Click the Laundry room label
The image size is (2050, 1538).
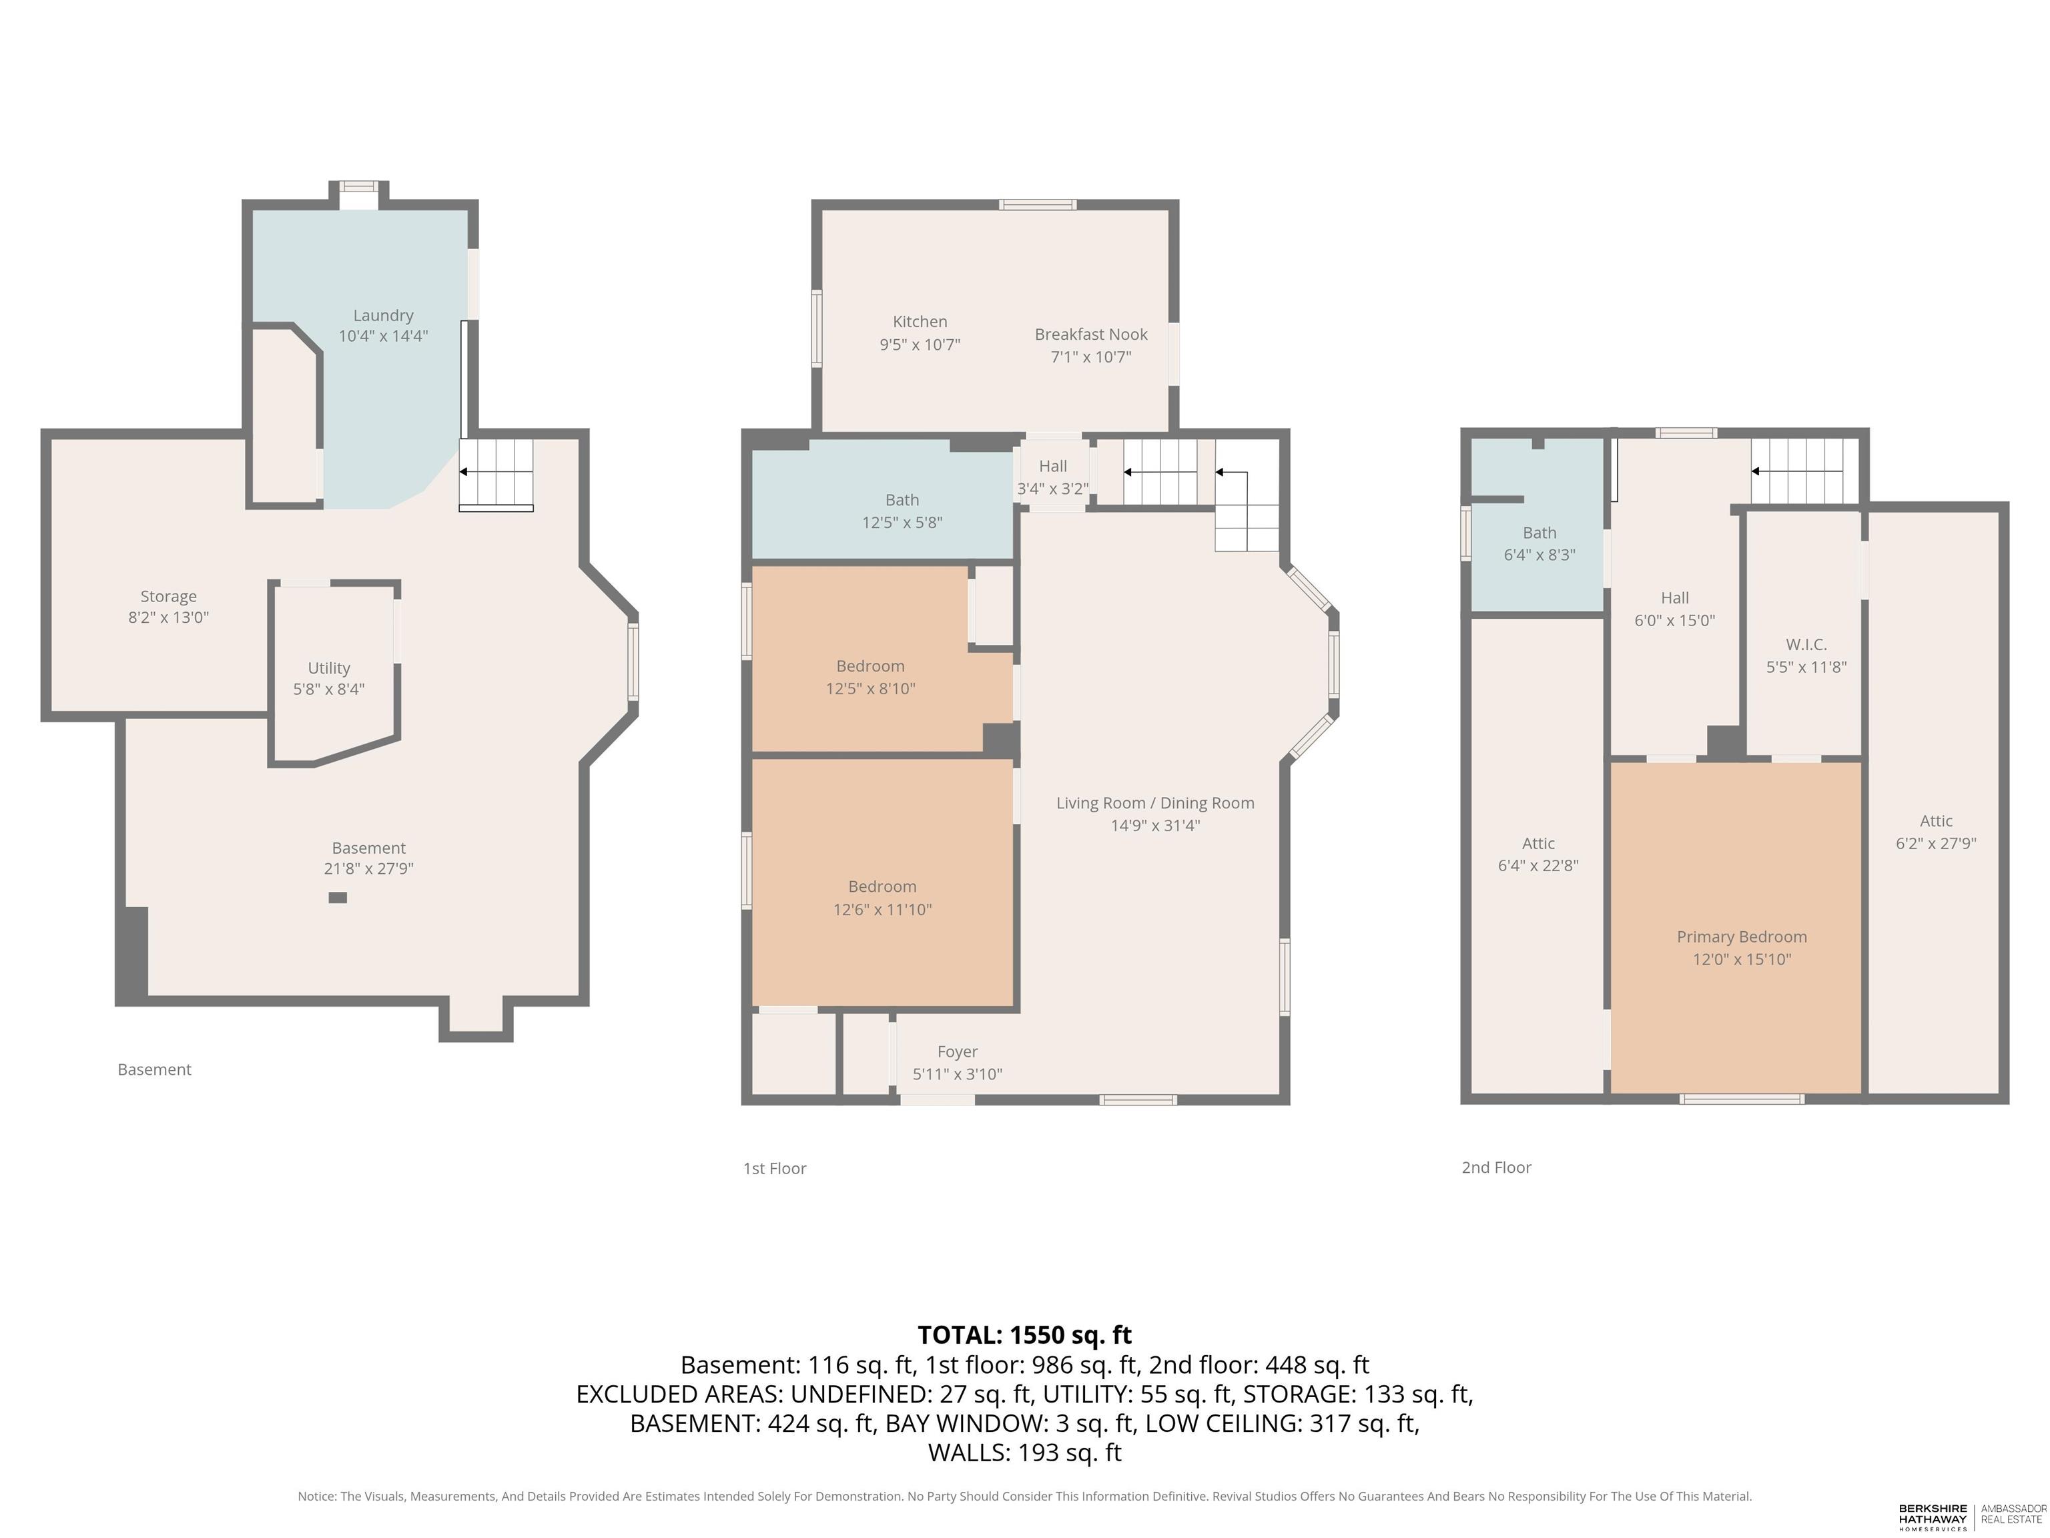click(x=383, y=325)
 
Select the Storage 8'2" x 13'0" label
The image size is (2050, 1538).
click(x=169, y=606)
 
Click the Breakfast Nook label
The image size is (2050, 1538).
click(x=1091, y=345)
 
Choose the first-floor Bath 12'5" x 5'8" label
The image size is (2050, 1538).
click(x=902, y=511)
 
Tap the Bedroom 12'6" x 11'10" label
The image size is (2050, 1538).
click(x=882, y=897)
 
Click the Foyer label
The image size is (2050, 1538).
click(x=958, y=1063)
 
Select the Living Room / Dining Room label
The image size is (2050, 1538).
click(x=1154, y=814)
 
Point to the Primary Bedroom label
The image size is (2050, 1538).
click(x=1742, y=947)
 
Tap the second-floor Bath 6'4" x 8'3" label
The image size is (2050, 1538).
click(x=1540, y=543)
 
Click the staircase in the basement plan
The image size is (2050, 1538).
click(x=496, y=475)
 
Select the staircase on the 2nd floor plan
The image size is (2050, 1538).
click(x=1805, y=471)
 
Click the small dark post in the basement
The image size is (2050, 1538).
click(x=338, y=897)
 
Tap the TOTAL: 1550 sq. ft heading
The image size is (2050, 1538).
click(x=1024, y=1335)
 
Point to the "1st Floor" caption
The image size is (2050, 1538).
click(x=775, y=1168)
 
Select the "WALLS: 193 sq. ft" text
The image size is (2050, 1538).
click(x=1024, y=1452)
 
